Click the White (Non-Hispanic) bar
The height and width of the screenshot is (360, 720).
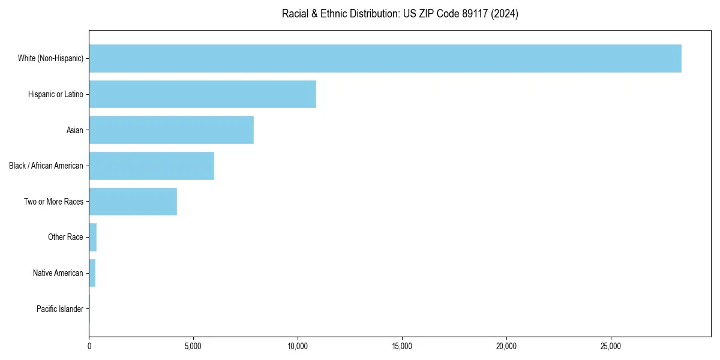[385, 58]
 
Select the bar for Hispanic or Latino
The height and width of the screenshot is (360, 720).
[202, 94]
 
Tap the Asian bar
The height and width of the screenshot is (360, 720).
[171, 130]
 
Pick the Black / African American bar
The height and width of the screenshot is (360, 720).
[151, 166]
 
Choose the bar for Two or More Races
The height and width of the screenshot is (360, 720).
[133, 202]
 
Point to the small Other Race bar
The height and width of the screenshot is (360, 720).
[93, 238]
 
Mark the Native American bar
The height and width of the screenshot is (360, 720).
[92, 273]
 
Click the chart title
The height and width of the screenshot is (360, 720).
[400, 13]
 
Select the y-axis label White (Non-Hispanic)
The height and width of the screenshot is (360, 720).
[50, 58]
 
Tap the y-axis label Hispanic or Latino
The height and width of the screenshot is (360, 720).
[56, 94]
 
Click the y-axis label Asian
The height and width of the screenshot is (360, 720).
[75, 130]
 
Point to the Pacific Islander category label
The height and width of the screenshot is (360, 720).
[60, 309]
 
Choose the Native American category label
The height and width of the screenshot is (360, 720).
[58, 273]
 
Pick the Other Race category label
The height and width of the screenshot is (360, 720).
[65, 238]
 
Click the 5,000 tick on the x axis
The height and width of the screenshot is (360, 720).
[193, 346]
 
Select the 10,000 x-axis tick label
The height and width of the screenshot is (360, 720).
[298, 346]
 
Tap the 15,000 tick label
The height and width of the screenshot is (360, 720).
[402, 346]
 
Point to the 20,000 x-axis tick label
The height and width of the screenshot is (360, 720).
[506, 346]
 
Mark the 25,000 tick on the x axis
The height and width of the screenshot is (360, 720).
[611, 346]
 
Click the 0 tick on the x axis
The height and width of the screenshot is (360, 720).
[89, 346]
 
